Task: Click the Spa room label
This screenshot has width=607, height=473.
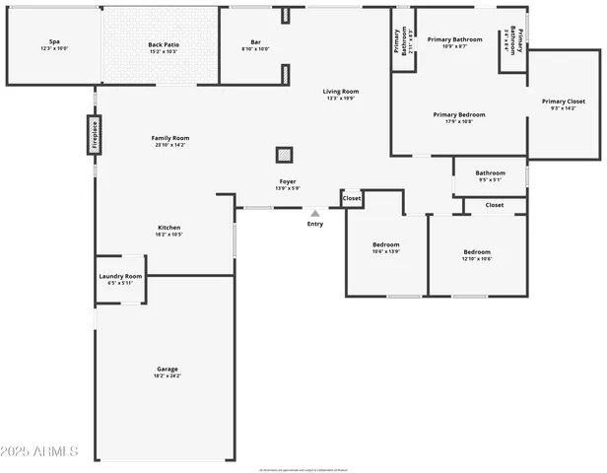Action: [x=53, y=42]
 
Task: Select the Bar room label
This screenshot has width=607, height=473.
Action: [x=255, y=42]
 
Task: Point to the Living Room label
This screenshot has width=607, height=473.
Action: [x=341, y=92]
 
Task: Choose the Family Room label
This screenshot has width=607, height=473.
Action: [x=169, y=137]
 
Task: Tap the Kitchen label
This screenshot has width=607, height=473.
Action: [x=168, y=228]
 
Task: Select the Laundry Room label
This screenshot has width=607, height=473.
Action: [x=120, y=276]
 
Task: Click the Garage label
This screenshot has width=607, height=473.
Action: [x=166, y=369]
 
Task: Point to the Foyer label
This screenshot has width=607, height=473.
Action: [x=287, y=181]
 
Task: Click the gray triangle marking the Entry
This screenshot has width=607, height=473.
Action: [x=315, y=212]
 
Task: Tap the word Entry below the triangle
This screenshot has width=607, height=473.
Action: [x=315, y=224]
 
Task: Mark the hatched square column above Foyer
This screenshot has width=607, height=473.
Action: [x=284, y=155]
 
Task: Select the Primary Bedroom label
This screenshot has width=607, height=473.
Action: [x=458, y=114]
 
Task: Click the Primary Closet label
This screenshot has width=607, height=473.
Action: [x=563, y=101]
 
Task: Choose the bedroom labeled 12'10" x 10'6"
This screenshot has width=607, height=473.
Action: [x=477, y=249]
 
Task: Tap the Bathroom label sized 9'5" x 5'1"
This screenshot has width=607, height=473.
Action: [x=490, y=172]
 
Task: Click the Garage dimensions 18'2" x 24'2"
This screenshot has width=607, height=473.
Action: [x=166, y=375]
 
